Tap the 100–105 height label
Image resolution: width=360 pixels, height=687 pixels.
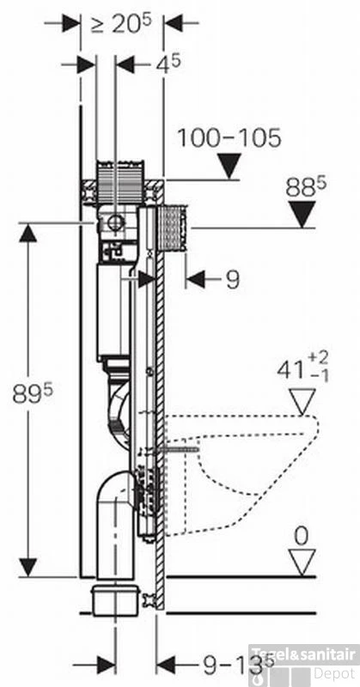[229, 137]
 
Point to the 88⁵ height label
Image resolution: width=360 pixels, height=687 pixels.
[306, 186]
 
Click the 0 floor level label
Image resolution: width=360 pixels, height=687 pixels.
[301, 536]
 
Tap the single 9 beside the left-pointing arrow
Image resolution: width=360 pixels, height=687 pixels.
[233, 279]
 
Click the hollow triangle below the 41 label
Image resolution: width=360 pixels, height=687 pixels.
[302, 399]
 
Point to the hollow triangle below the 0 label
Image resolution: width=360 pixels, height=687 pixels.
[302, 562]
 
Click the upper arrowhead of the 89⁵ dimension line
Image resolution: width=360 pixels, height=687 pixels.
[29, 232]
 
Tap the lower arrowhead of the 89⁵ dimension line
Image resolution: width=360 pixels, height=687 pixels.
[29, 567]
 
